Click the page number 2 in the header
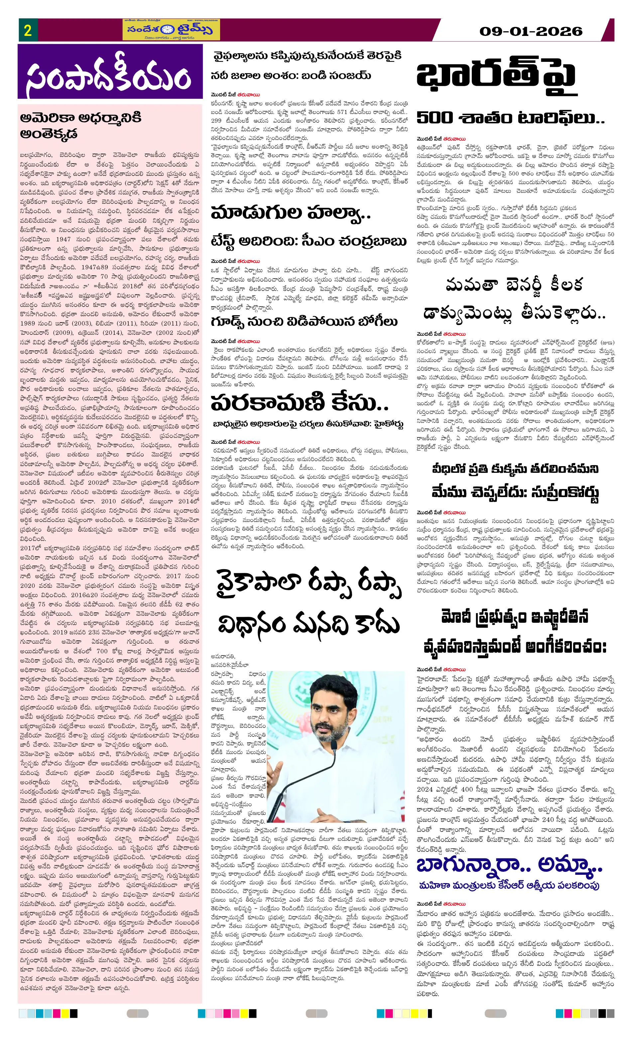(x=28, y=30)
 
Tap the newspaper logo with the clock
(x=171, y=30)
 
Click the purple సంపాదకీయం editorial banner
(x=110, y=72)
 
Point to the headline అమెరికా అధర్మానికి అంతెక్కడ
(x=81, y=125)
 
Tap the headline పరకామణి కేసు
(x=299, y=402)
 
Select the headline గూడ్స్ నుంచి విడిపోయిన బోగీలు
(x=304, y=322)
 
